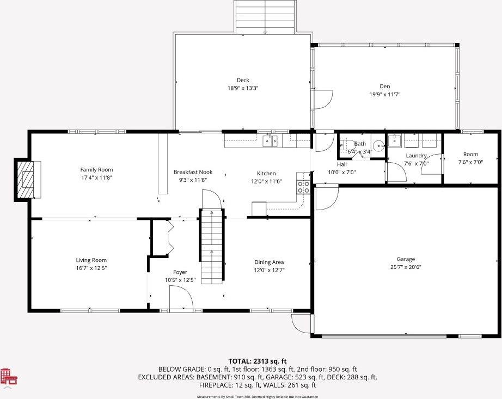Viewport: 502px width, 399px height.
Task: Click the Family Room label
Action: tap(96, 170)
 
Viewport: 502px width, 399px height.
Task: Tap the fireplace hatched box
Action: tap(26, 180)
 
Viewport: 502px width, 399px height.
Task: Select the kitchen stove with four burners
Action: tap(303, 187)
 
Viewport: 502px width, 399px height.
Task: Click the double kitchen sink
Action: tap(270, 141)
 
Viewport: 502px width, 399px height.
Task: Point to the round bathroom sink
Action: tap(379, 146)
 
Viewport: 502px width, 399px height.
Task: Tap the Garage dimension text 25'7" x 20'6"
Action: tap(406, 267)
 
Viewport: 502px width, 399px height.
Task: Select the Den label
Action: tap(385, 86)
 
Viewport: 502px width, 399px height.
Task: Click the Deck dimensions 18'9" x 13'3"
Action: tap(243, 88)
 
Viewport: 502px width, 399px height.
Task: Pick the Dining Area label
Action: tap(269, 262)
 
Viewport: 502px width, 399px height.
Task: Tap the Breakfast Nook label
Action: tap(193, 172)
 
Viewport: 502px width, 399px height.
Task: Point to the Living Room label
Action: tap(91, 260)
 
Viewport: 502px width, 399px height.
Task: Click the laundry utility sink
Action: tap(394, 140)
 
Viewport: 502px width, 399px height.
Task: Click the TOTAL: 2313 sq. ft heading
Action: tap(258, 361)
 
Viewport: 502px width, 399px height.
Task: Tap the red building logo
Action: tap(9, 377)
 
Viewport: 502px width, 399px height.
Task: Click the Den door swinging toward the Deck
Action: tap(323, 100)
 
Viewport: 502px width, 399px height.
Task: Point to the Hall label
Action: tap(341, 164)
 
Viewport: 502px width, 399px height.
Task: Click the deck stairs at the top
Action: tap(265, 17)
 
